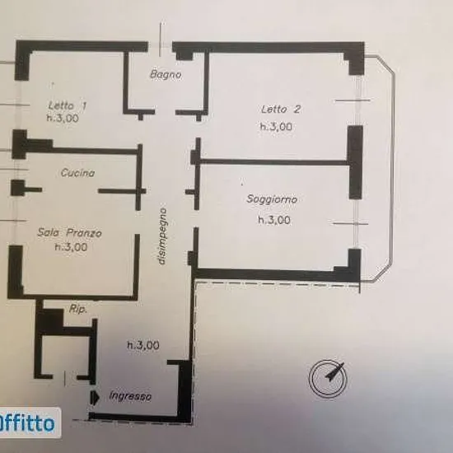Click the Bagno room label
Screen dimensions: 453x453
(x=166, y=74)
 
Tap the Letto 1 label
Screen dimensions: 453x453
(x=68, y=105)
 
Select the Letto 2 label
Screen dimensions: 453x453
(x=281, y=110)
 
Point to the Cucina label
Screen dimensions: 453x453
(x=77, y=173)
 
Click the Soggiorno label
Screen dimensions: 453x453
(x=272, y=199)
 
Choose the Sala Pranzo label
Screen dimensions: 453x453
(x=70, y=232)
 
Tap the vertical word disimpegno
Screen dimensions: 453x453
(x=162, y=236)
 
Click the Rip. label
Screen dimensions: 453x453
(x=78, y=309)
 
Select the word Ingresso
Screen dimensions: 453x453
(x=130, y=396)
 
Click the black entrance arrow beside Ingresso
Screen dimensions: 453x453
(x=95, y=398)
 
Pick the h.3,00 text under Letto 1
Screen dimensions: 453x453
(x=63, y=118)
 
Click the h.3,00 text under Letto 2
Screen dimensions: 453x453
(x=276, y=127)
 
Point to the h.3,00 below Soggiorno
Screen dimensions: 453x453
(x=274, y=220)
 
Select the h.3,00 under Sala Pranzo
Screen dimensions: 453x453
(x=71, y=247)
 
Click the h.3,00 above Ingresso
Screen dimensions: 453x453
(x=143, y=345)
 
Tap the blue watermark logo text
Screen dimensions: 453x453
(x=26, y=423)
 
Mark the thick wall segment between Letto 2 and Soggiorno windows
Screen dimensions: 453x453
(x=355, y=162)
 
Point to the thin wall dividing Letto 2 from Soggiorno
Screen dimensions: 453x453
(x=273, y=161)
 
